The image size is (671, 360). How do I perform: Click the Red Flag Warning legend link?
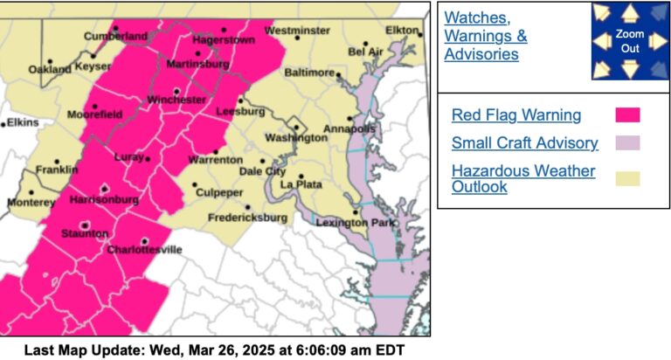(515, 114)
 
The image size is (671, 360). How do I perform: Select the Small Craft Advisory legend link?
(524, 143)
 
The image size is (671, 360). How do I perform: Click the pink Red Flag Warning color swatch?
(627, 115)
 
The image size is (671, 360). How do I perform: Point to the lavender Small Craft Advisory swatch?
(627, 143)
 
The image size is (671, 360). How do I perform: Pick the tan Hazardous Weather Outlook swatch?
(627, 178)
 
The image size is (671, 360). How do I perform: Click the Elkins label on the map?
(23, 122)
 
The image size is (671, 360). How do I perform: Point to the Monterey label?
(31, 202)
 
